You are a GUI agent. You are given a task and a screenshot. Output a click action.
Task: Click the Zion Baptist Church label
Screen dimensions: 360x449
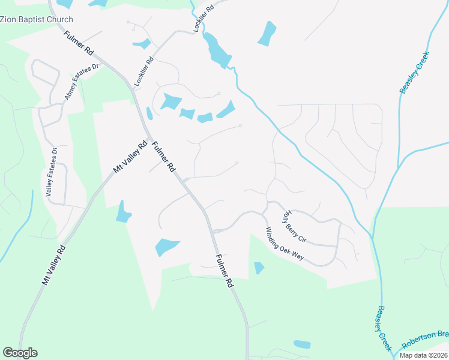[x=36, y=19]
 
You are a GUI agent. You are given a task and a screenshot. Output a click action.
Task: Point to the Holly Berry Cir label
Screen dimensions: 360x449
[x=295, y=226]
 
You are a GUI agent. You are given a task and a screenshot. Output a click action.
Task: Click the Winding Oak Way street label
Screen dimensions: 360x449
[x=285, y=242]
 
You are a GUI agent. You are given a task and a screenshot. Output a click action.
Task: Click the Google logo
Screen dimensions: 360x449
[x=20, y=353]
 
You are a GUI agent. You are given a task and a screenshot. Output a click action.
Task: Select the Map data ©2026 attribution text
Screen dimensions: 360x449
[x=423, y=355]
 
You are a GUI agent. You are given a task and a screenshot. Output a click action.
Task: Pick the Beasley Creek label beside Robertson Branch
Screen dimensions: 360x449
[x=384, y=329]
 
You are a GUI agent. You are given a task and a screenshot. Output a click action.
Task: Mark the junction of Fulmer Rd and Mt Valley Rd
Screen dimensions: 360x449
[x=148, y=134]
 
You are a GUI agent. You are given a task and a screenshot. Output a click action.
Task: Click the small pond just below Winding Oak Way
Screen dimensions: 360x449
[x=259, y=268]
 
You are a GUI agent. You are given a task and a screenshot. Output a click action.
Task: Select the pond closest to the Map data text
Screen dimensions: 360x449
[x=302, y=344]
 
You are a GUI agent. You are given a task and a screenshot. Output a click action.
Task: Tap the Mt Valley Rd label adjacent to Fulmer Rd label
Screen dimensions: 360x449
[x=130, y=157]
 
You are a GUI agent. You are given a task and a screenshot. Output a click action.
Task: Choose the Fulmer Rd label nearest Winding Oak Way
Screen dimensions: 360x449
[x=223, y=271]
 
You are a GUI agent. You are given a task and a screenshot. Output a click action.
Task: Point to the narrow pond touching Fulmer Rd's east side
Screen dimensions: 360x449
[x=149, y=113]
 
